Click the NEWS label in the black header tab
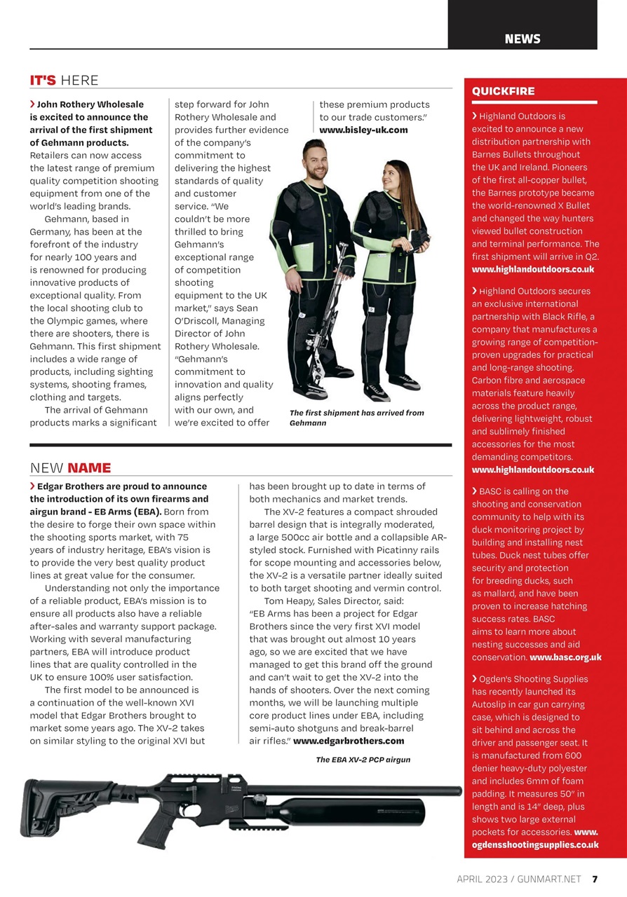coord(522,39)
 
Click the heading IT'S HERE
coord(64,80)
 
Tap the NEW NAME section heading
coord(70,467)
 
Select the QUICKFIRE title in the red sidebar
coord(503,91)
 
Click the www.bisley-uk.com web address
coord(363,130)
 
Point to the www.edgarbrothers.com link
coord(348,741)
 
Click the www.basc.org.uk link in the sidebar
coord(565,657)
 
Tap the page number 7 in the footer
coord(594,879)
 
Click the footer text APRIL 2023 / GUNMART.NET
coord(519,879)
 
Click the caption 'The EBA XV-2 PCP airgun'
coord(363,760)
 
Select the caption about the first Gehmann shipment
coord(356,418)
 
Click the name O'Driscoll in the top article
coord(201,321)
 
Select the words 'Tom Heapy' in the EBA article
coord(287,601)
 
